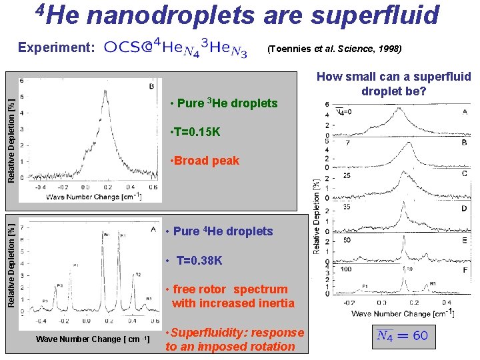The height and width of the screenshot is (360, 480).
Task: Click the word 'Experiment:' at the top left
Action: (56, 47)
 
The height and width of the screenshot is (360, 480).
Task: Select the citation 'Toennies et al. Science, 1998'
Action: (333, 49)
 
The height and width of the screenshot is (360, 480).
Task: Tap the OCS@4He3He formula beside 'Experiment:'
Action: (175, 49)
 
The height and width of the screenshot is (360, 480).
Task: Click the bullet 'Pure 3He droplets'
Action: (223, 103)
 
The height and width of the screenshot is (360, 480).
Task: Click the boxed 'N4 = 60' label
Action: (402, 335)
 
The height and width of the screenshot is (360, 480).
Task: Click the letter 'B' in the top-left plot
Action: (152, 85)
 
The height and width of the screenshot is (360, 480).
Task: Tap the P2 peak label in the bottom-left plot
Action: (59, 285)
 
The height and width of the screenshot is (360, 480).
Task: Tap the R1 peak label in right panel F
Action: (432, 283)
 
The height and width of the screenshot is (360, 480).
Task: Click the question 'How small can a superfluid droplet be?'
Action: (393, 83)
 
